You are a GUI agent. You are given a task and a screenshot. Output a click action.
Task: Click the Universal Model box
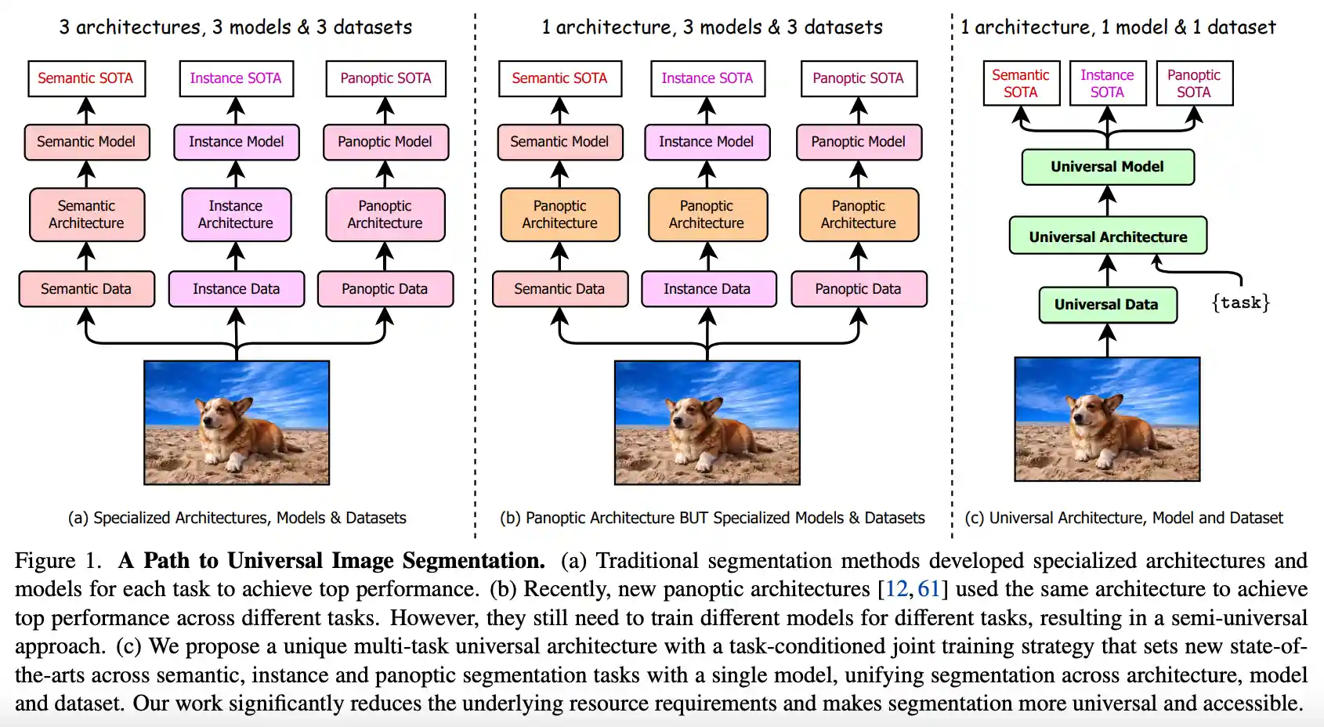coord(1107,167)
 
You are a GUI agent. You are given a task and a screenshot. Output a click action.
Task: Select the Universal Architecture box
coord(1108,237)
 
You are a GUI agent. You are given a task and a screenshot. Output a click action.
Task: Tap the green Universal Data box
coord(1107,305)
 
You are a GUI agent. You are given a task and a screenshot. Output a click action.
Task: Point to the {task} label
coord(1240,302)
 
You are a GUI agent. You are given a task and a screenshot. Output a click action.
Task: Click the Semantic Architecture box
coord(86,214)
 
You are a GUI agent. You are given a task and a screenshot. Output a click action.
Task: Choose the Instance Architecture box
coord(236,214)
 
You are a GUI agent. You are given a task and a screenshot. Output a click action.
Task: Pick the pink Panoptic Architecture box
coord(385,214)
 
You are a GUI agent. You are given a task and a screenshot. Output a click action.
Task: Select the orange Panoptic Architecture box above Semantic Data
coord(559,214)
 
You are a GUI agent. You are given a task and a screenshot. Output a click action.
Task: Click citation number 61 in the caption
coord(928,589)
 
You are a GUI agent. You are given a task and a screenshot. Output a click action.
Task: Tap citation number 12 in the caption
coord(896,589)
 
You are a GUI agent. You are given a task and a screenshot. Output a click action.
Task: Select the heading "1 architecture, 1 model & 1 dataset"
coord(1118,27)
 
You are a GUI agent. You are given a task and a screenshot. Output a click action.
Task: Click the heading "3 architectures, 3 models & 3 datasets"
coord(235,27)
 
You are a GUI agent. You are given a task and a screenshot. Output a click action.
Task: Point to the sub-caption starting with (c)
coord(1123,518)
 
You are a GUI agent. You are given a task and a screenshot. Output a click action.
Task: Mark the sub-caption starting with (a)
coord(237,518)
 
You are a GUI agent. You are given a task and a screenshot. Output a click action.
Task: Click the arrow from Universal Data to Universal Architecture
coord(1107,270)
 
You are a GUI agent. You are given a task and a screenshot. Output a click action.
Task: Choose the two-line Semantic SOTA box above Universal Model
coord(1020,84)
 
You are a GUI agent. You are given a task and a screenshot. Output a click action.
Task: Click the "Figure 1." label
coord(58,561)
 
